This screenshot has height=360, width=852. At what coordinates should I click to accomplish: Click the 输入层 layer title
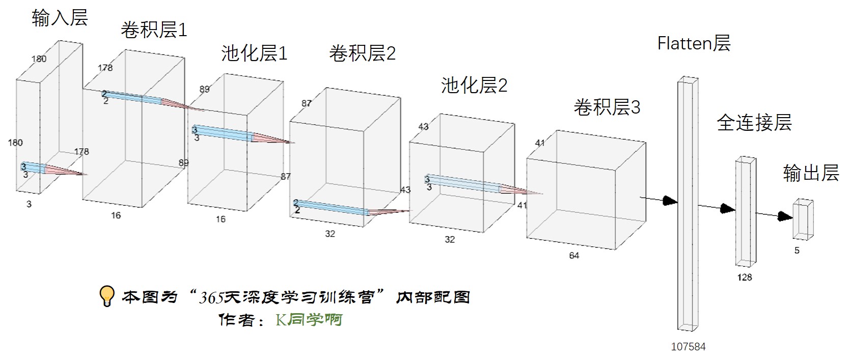60,18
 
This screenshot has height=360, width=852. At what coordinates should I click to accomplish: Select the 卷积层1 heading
154,30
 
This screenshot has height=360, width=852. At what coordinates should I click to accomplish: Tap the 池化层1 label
254,53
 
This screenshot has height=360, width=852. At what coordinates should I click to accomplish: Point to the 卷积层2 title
362,53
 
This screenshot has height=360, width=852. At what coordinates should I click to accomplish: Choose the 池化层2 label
474,85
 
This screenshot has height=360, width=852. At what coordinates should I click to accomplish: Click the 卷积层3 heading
607,107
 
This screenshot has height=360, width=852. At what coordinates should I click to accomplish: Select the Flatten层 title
694,43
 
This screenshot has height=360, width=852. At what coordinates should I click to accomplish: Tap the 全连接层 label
754,123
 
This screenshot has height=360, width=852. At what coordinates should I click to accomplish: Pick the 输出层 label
811,173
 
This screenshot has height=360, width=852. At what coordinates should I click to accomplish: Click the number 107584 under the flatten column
688,347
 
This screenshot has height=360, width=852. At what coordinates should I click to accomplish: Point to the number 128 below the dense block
745,278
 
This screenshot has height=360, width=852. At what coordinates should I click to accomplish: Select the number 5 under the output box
797,251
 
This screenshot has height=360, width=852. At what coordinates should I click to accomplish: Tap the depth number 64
574,256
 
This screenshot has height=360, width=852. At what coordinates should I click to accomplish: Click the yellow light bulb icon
106,296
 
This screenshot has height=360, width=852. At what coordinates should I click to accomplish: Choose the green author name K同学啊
309,320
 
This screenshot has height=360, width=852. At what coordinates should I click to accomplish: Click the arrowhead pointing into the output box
786,216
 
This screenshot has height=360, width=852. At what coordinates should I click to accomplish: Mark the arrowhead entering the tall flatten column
670,201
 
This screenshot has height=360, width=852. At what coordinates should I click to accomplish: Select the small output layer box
803,219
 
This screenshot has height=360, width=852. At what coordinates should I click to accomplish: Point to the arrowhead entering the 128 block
728,208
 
